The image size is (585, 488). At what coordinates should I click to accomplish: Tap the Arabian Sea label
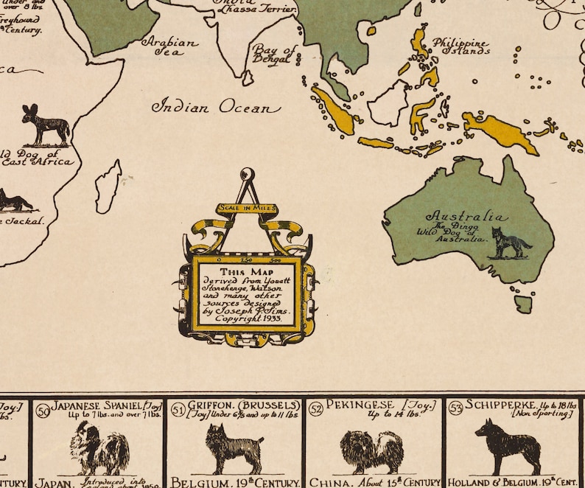170,47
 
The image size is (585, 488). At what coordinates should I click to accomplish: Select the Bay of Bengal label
274,55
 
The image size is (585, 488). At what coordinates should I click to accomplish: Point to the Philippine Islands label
460,46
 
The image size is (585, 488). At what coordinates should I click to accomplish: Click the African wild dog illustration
45,125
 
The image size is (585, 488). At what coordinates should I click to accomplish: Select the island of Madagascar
108,187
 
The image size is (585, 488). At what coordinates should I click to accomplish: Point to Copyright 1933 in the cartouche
245,318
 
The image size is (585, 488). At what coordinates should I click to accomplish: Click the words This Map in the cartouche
246,271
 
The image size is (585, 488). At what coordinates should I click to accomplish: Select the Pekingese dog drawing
372,450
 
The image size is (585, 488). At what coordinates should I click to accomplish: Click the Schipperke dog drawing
508,446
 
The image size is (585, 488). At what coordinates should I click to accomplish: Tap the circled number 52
315,408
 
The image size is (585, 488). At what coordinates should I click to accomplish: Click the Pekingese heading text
361,405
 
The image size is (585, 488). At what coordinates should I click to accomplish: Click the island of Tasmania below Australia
523,303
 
